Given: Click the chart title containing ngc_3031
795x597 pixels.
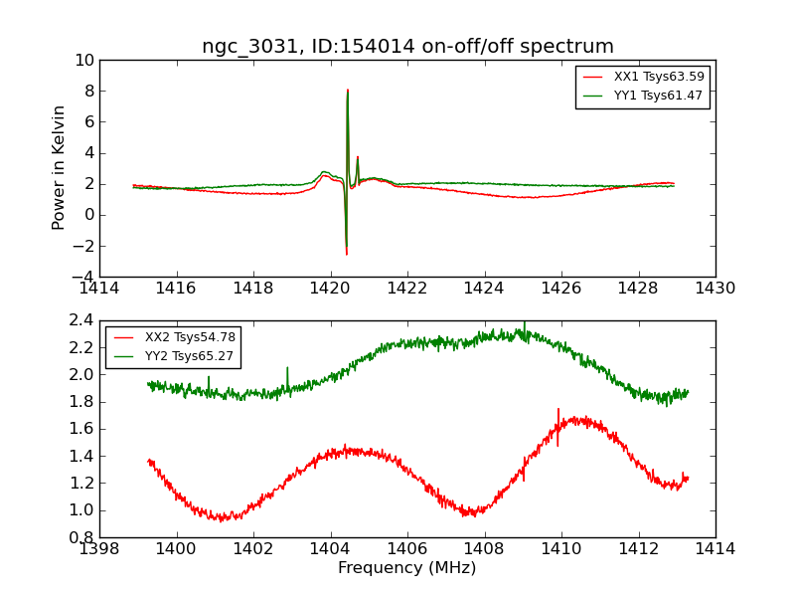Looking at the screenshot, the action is [407, 46].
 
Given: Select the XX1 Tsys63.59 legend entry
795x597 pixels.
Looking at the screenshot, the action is [643, 77].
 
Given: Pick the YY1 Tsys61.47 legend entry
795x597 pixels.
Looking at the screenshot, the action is [642, 96].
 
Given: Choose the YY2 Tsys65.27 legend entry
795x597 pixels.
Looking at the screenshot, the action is [173, 356].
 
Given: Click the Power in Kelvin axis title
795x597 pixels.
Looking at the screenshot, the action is [59, 168].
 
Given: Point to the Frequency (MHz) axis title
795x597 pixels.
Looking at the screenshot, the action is [407, 567].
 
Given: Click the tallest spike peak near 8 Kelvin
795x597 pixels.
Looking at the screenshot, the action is [347, 90].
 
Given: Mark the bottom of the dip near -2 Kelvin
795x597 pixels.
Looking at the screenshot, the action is [346, 254].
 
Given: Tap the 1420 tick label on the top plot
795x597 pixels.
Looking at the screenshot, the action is [330, 289].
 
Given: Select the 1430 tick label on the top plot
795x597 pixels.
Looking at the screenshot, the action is [715, 289].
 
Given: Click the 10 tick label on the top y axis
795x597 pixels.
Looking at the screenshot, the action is [84, 61].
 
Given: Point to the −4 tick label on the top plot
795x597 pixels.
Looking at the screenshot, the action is [82, 277].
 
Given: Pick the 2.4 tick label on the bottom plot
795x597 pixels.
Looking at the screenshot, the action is [81, 320].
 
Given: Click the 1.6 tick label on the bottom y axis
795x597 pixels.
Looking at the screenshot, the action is [81, 429].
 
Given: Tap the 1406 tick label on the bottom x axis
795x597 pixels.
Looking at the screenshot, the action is [407, 549].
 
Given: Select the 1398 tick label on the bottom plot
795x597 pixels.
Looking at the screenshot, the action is [99, 549].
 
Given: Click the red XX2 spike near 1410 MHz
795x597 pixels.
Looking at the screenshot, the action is [558, 427].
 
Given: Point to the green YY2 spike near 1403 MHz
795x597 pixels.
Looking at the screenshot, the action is [287, 378].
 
